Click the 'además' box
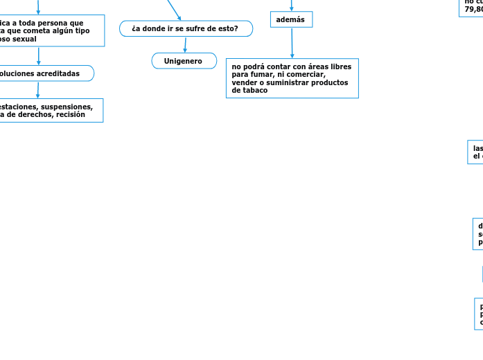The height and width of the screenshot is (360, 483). [x=290, y=19]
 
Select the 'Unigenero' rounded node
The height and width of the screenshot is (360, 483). [x=183, y=61]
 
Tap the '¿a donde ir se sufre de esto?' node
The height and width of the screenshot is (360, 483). [x=185, y=28]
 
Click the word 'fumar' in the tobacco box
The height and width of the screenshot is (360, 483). [x=262, y=75]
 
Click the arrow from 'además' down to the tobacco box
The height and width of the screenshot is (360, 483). [x=292, y=43]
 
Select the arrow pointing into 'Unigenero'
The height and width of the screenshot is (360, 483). [x=185, y=45]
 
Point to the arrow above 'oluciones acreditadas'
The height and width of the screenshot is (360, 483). [x=38, y=56]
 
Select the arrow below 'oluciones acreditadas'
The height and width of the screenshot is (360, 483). [x=38, y=89]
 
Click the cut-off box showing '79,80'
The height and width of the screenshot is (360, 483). [x=472, y=8]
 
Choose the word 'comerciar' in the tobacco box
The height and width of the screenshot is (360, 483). [x=305, y=75]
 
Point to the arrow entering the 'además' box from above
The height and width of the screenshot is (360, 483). [x=291, y=6]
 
